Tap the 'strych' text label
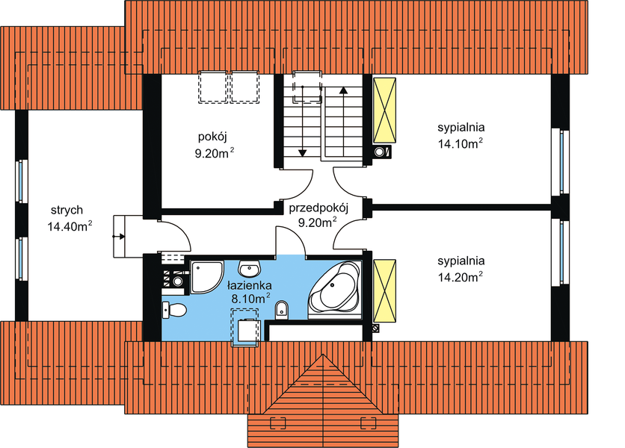tap(67, 210)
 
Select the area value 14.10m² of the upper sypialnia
tap(459, 144)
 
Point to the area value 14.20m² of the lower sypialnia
tap(459, 276)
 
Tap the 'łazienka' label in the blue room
tap(249, 285)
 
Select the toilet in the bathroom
tap(175, 309)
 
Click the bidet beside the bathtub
tap(281, 308)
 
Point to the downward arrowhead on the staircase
tap(302, 152)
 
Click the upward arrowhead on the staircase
tap(343, 90)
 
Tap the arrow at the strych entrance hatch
tap(120, 236)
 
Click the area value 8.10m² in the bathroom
tap(249, 299)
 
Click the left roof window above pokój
tap(212, 87)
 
